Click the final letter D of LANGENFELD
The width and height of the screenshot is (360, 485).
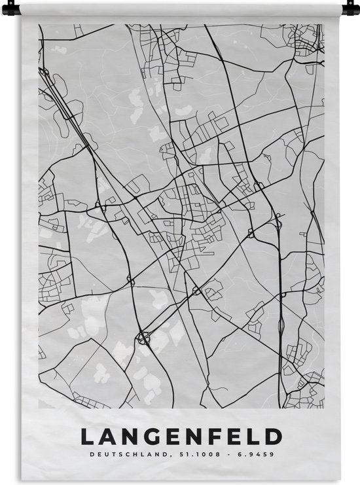(x=274, y=437)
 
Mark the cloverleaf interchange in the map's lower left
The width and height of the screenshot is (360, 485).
(x=144, y=338)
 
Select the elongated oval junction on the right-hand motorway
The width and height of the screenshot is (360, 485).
(x=281, y=324)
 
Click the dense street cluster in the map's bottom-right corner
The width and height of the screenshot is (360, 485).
(x=304, y=389)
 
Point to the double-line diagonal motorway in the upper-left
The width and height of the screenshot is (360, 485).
(x=65, y=105)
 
